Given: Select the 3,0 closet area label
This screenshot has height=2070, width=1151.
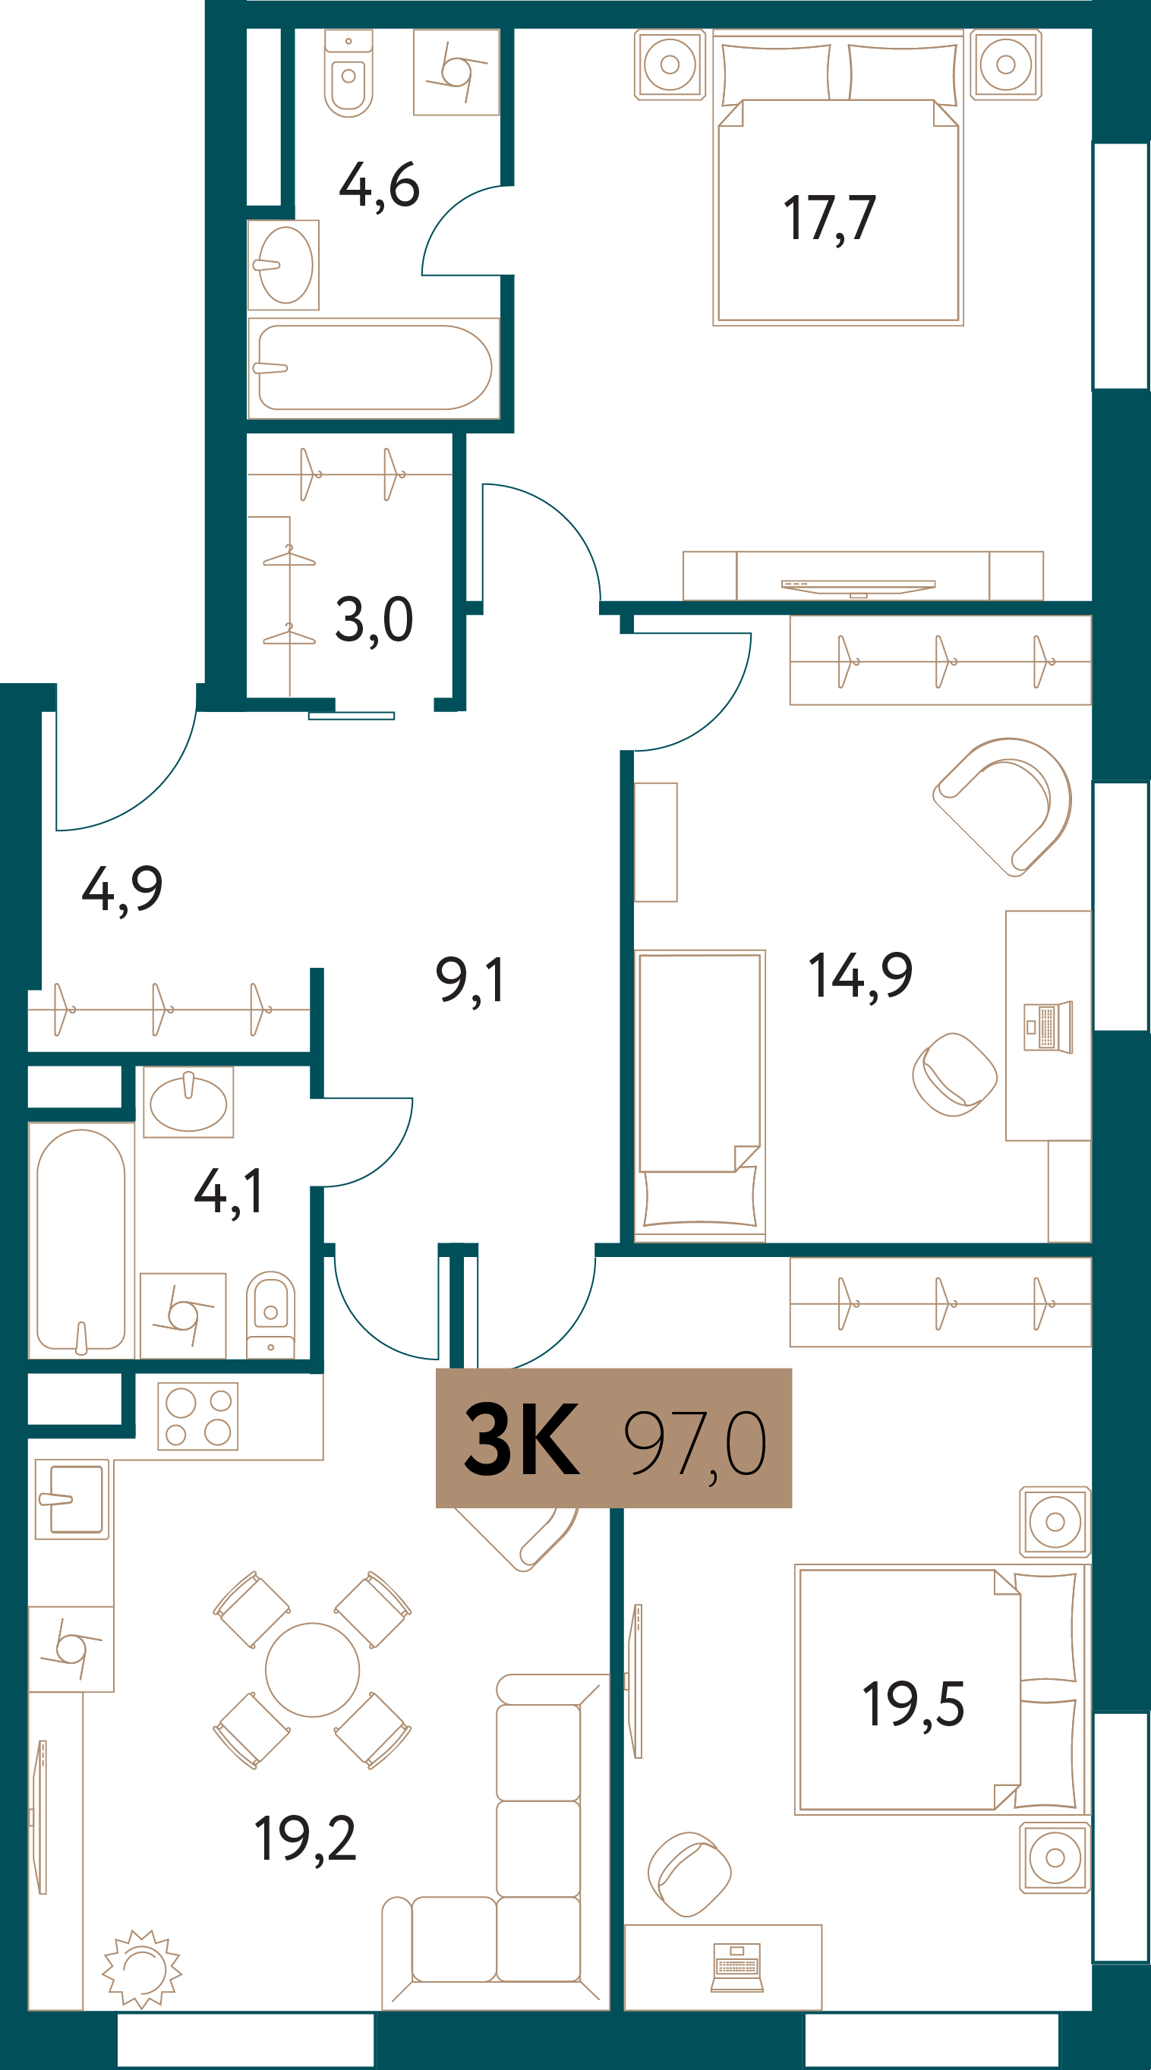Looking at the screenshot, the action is click(374, 620).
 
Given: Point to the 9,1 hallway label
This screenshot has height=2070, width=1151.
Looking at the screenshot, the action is click(470, 981).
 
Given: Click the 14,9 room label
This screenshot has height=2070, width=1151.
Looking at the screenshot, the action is click(860, 976).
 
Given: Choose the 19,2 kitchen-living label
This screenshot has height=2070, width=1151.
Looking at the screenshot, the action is click(304, 1838).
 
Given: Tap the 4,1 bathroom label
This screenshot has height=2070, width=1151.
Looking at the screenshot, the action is click(229, 1193).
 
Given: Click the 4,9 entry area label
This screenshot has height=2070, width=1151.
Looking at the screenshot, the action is click(122, 890).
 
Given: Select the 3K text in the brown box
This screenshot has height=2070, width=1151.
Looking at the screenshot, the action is click(522, 1438).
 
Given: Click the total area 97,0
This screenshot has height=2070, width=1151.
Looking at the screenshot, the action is click(695, 1444).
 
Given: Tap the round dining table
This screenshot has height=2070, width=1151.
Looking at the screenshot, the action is click(312, 1670).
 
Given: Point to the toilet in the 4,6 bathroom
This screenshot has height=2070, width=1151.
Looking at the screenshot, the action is click(348, 73).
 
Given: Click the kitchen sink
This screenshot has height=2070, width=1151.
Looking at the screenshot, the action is click(72, 1498).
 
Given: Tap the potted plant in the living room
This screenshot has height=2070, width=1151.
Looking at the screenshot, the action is click(142, 1969).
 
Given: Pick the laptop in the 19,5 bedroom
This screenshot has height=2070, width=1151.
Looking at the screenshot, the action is click(737, 1968).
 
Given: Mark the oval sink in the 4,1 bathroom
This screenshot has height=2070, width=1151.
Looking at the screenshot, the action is click(188, 1102).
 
